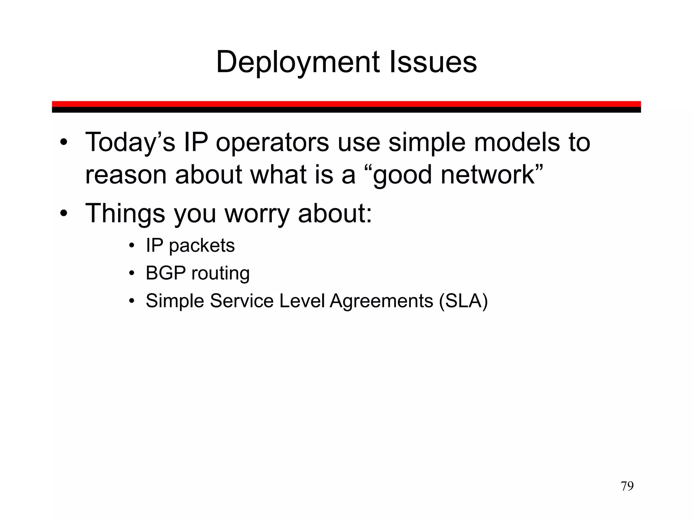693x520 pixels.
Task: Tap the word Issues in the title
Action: point(433,62)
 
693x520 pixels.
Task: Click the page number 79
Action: point(627,486)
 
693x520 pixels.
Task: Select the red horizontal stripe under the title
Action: point(346,104)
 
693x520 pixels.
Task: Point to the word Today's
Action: point(130,142)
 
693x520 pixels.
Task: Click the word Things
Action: point(125,213)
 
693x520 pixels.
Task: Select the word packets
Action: point(202,246)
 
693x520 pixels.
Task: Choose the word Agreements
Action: point(381,301)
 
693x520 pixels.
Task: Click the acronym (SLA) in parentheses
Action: point(463,301)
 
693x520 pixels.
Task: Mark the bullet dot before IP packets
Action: point(132,245)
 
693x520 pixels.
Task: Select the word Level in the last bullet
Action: point(302,301)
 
